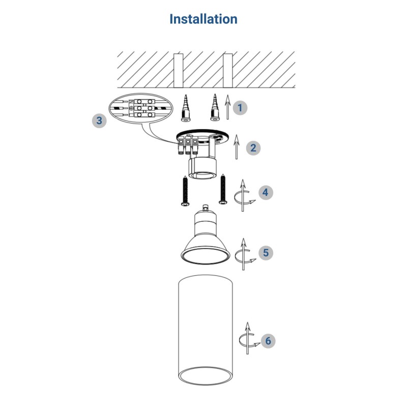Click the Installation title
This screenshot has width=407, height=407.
point(203,19)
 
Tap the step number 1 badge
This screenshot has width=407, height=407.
point(240,108)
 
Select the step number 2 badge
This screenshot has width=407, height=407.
point(253,148)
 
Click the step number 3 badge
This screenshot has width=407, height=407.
point(99,121)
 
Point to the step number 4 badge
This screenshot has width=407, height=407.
point(266,192)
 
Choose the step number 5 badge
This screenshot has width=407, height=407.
point(266,252)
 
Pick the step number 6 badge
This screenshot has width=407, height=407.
point(268,341)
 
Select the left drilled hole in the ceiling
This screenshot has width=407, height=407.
point(179,71)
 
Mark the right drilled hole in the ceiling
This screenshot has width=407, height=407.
point(227,71)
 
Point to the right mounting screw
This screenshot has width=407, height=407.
point(223,189)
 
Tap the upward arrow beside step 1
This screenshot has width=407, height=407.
point(227,107)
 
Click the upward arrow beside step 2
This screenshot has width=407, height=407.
point(237,147)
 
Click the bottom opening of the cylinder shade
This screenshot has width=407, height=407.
point(206,375)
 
